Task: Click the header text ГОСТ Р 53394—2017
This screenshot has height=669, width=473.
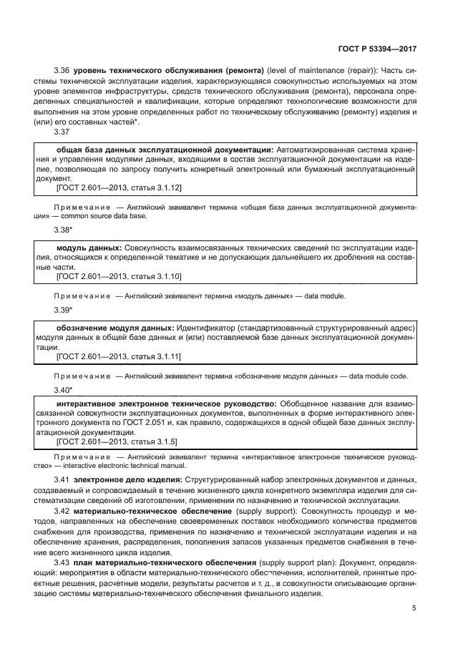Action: click(376, 51)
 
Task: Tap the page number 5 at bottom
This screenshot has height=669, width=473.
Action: click(414, 608)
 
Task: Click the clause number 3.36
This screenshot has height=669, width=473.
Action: click(62, 72)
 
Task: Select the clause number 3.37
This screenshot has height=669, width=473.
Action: click(62, 132)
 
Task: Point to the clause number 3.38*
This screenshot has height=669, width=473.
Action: click(64, 230)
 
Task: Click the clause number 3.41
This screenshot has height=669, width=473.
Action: click(62, 478)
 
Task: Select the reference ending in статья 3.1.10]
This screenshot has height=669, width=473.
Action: click(119, 275)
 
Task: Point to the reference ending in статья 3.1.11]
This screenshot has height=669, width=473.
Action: click(119, 356)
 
